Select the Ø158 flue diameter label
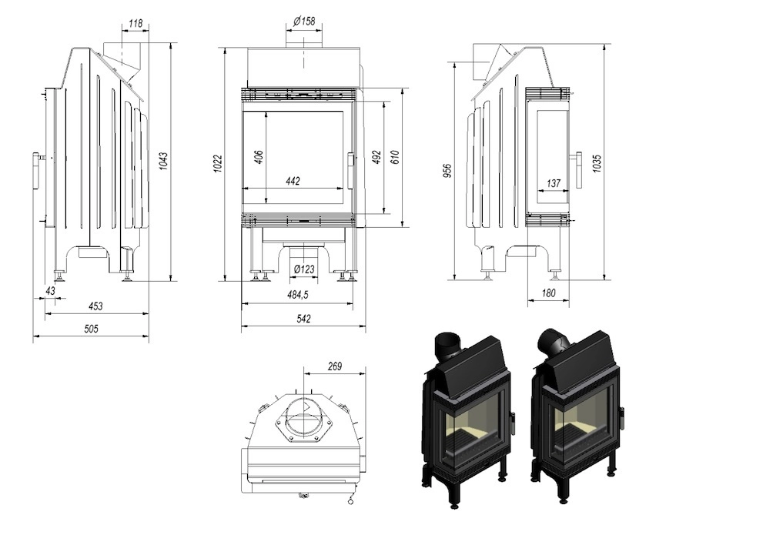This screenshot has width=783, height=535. (x=304, y=22)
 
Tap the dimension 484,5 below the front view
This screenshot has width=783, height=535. (x=297, y=295)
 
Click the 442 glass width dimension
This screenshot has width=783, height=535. (x=293, y=181)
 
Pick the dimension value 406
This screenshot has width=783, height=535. (x=259, y=155)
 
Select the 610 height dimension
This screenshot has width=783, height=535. (x=395, y=157)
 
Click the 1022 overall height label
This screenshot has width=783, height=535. (x=218, y=163)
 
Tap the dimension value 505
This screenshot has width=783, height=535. (x=91, y=329)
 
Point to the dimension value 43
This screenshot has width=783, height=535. (x=51, y=290)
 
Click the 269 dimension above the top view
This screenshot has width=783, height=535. (x=334, y=366)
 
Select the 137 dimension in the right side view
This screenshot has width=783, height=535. (x=552, y=183)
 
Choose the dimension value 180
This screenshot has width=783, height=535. (x=547, y=293)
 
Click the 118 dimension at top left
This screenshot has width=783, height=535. (x=135, y=24)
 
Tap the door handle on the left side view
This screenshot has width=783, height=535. (x=36, y=170)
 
